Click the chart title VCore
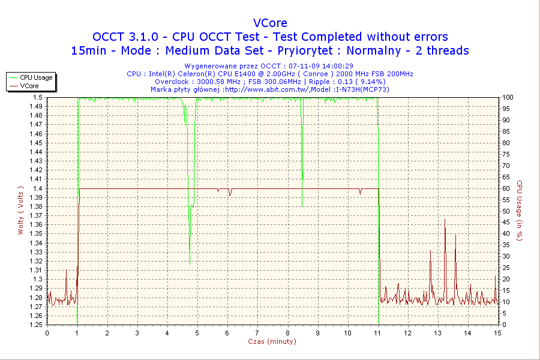pos(270,23)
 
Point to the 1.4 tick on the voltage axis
pos(38,188)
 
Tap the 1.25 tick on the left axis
pos(37,325)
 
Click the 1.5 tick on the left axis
pos(38,97)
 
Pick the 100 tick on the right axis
pos(508,97)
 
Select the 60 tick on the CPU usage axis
pos(506,188)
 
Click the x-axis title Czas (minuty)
pos(272,341)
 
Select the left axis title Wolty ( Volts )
pos(20,211)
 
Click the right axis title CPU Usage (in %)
pos(520,211)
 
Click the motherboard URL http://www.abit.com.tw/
pos(268,89)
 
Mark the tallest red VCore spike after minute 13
pos(445,220)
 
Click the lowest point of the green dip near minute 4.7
pos(190,263)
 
